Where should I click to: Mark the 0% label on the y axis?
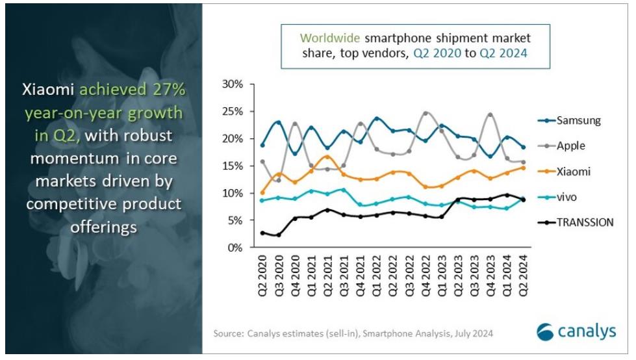pos(236,248)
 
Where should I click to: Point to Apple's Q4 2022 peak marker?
pos(426,113)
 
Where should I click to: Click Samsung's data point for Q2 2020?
pos(262,145)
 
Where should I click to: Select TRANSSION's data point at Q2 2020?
pos(262,233)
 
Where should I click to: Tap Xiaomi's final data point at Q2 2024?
pos(523,168)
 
